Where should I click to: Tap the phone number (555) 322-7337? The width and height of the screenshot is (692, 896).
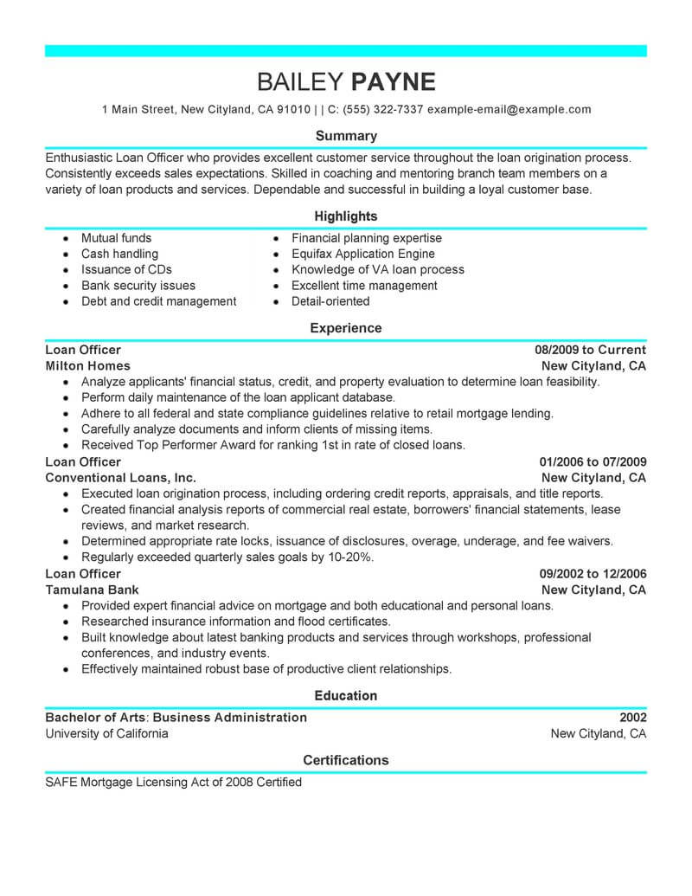pos(383,110)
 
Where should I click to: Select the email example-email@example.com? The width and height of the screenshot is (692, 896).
pos(509,110)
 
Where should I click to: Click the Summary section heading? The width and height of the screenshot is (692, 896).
pos(346,136)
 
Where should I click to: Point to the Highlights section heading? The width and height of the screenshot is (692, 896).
pos(346,216)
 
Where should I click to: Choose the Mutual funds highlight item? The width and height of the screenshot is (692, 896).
pos(116,238)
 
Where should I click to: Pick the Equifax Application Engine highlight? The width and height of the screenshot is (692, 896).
pos(362,254)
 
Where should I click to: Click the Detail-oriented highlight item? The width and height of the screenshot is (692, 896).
pos(330,301)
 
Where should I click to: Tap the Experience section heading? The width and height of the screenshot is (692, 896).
pos(346,328)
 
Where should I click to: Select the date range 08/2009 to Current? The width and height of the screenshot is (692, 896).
pos(590,350)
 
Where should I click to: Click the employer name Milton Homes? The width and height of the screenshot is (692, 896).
pos(87,365)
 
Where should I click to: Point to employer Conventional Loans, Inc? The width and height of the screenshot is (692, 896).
pos(120,477)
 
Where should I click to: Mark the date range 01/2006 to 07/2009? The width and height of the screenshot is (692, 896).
pos(593,461)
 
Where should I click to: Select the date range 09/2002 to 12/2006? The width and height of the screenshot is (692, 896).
pos(593,574)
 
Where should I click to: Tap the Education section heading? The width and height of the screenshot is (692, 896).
pos(346,695)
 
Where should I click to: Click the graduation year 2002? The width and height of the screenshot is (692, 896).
pos(632,717)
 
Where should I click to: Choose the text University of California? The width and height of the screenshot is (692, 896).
pos(106,733)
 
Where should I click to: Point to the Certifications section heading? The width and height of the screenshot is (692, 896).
pos(346,760)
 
